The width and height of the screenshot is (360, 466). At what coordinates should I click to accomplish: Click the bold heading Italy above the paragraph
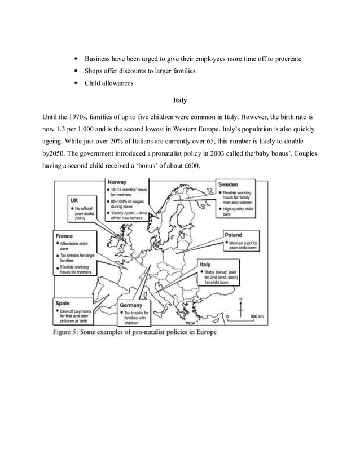coord(179,102)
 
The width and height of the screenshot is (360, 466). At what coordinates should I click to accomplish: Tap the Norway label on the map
coord(117,183)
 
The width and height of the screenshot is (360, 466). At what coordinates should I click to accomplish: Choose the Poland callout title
coord(234,235)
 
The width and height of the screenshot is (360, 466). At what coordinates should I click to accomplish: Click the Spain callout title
coord(63,302)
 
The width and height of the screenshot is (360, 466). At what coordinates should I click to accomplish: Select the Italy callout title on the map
coord(205,264)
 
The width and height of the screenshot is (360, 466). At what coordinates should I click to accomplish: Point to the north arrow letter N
coord(241,298)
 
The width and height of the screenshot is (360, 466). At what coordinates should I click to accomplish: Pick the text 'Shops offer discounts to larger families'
coord(148,71)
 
